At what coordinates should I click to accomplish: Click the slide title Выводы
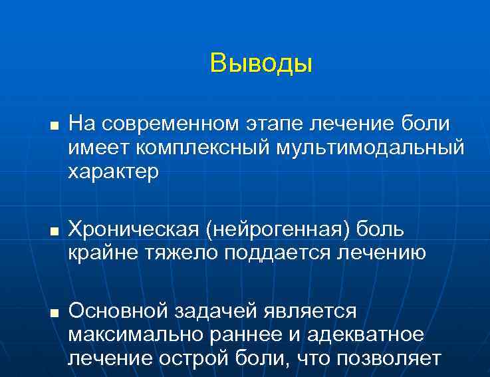[261, 64]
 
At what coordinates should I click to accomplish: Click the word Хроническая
[133, 229]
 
